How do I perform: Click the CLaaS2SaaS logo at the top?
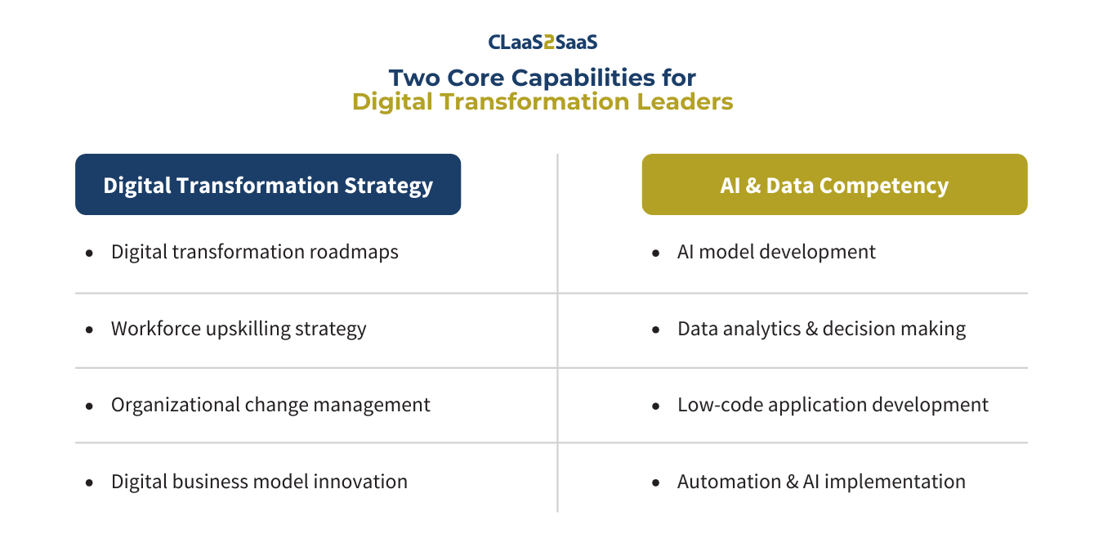(543, 42)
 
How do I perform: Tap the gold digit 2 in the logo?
(549, 43)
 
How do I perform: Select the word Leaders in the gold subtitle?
(685, 101)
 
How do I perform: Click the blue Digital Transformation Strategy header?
(268, 184)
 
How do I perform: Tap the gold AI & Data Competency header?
(835, 184)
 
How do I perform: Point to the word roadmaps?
(354, 252)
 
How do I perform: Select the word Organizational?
(175, 405)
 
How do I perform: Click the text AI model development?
(776, 252)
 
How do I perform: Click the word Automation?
(730, 482)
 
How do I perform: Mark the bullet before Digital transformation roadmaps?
(89, 254)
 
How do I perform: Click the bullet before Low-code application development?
(655, 406)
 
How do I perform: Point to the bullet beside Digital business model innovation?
(89, 483)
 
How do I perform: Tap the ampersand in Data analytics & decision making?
(811, 329)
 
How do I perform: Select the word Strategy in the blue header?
(389, 186)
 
